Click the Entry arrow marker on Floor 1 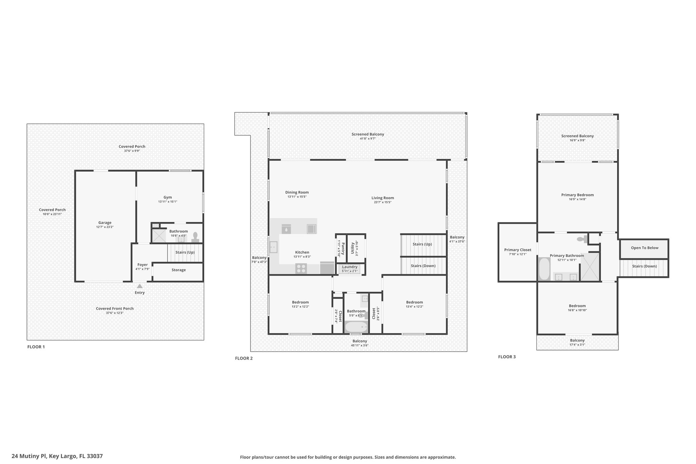point(140,286)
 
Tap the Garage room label point(105,223)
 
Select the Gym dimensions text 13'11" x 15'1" point(168,202)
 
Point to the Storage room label point(178,270)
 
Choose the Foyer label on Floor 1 point(143,265)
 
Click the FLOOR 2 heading point(244,358)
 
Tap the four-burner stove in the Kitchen point(301,269)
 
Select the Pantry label point(343,248)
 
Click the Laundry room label point(350,267)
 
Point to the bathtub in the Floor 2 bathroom point(356,327)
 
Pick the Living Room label point(383,198)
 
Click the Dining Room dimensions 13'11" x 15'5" point(297,196)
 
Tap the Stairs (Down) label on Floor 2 point(423,266)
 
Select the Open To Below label point(645,248)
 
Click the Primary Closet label point(518,250)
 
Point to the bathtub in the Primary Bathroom point(544,269)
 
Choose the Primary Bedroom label point(577,195)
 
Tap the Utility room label point(353,248)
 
